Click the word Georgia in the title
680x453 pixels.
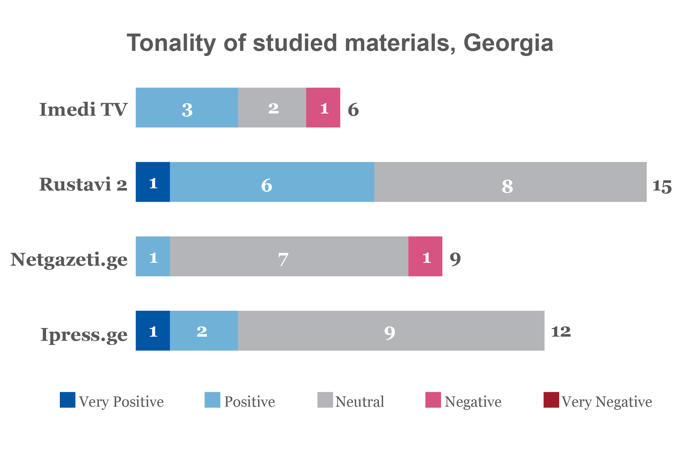click(508, 43)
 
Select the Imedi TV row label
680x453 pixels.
click(83, 109)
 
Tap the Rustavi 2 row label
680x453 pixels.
click(83, 184)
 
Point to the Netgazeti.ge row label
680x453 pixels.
click(69, 259)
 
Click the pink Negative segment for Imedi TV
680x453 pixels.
click(323, 108)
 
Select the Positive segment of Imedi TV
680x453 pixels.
click(187, 108)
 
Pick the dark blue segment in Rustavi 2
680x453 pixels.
click(153, 182)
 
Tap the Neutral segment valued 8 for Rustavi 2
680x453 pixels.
click(510, 182)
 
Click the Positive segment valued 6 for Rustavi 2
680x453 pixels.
click(272, 182)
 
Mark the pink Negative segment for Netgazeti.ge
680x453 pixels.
click(425, 256)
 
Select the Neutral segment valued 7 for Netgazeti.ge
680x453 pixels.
click(289, 256)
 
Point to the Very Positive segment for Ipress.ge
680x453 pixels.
click(153, 331)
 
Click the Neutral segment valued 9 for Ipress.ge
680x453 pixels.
click(391, 331)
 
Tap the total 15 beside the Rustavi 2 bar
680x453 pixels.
click(662, 186)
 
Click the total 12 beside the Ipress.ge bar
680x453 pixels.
click(561, 332)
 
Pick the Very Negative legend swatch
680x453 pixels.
click(551, 400)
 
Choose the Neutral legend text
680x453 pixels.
click(360, 402)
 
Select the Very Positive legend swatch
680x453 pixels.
click(67, 400)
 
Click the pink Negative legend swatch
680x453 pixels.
click(433, 400)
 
